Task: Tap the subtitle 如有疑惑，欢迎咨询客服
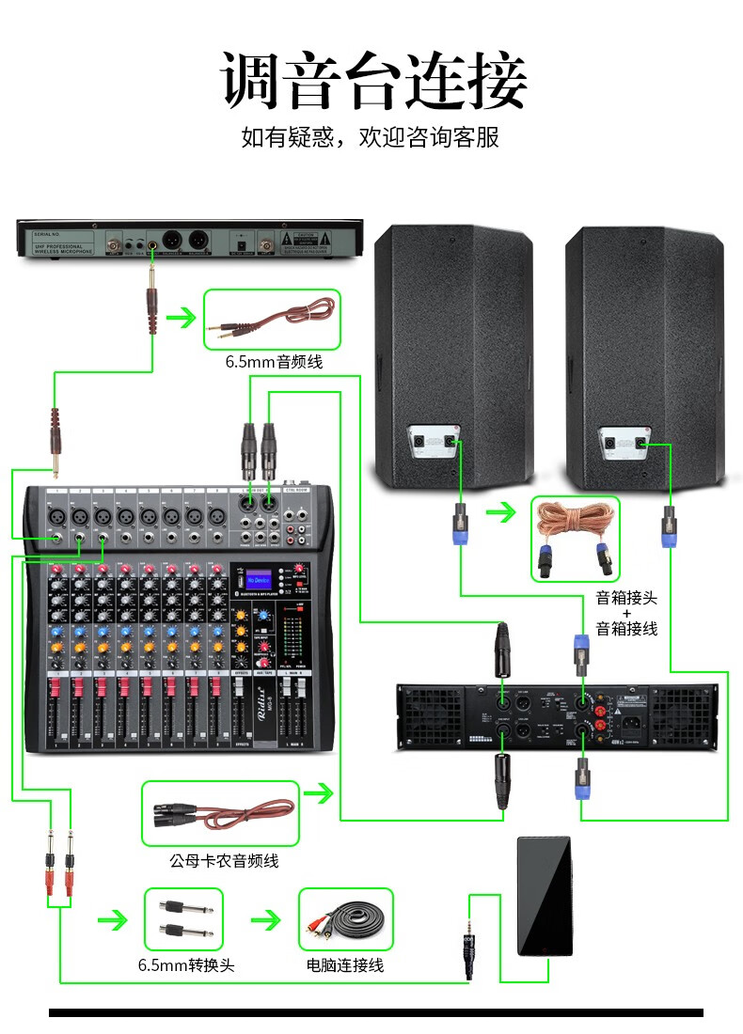pos(371,138)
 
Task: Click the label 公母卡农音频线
pos(224,860)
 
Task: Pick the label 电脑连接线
pos(344,965)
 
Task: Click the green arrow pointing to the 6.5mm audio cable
pos(180,320)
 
